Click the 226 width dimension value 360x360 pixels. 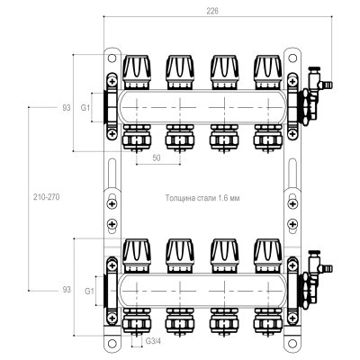click(212, 11)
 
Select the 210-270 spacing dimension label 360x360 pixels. click(47, 197)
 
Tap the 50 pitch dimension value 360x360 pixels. click(157, 157)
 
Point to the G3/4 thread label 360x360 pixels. click(153, 341)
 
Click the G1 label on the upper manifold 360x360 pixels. click(85, 107)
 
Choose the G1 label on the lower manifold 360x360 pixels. click(89, 291)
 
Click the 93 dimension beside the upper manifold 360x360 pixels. click(67, 107)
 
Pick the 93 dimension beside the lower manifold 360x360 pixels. click(67, 290)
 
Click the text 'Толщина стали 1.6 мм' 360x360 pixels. click(202, 198)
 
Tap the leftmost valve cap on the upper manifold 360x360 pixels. click(137, 72)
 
